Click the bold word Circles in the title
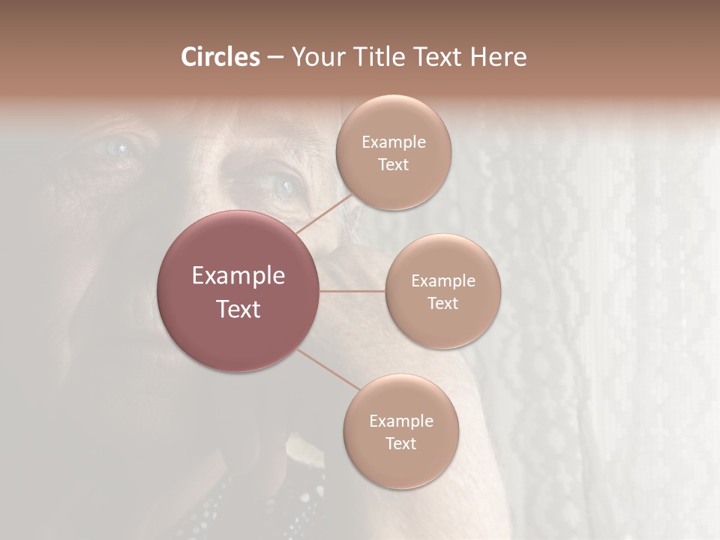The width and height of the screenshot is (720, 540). pyautogui.click(x=220, y=56)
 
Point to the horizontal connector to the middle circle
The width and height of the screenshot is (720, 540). pyautogui.click(x=352, y=291)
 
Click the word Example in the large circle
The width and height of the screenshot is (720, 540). pyautogui.click(x=238, y=276)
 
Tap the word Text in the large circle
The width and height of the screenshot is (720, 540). pyautogui.click(x=238, y=309)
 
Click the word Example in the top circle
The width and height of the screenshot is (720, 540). pyautogui.click(x=394, y=142)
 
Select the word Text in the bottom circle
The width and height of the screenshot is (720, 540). pyautogui.click(x=401, y=443)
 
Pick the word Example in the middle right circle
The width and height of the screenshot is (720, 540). pyautogui.click(x=443, y=280)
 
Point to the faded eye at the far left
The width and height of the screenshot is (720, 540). pyautogui.click(x=118, y=146)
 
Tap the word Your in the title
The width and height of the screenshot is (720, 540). pyautogui.click(x=316, y=56)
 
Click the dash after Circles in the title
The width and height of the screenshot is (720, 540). pyautogui.click(x=275, y=57)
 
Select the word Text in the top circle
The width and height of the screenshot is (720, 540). pyautogui.click(x=394, y=164)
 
